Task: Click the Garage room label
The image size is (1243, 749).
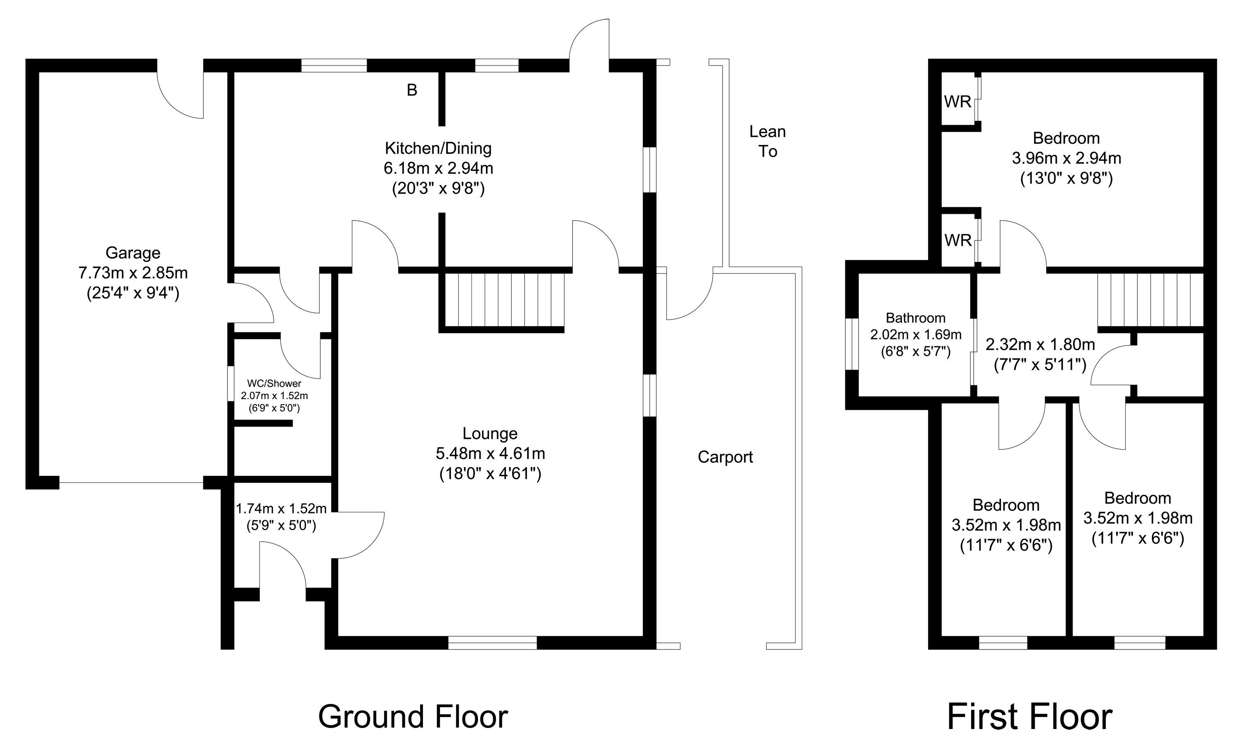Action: (133, 252)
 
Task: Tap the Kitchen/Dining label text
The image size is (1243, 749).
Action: (438, 148)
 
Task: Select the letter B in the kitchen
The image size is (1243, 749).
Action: (412, 90)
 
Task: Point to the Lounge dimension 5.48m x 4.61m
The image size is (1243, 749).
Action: (490, 454)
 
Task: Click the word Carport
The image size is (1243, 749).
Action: (725, 457)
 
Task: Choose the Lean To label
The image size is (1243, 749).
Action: (767, 141)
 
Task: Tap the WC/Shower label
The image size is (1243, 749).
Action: (274, 383)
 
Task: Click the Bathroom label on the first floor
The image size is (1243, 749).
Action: (916, 318)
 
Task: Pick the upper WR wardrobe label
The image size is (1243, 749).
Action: (958, 102)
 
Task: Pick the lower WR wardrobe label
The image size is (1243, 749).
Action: (958, 240)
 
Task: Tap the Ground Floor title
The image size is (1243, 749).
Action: (413, 717)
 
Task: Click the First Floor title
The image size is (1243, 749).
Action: (1030, 717)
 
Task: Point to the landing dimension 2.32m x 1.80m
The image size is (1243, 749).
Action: (1040, 345)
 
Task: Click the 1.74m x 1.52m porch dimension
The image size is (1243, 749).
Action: (281, 508)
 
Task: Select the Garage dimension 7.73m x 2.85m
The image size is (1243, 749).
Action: (133, 273)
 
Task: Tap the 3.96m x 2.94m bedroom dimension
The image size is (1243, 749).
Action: (1066, 158)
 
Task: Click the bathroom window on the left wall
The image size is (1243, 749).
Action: (851, 344)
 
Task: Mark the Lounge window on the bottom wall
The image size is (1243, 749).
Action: (492, 642)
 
